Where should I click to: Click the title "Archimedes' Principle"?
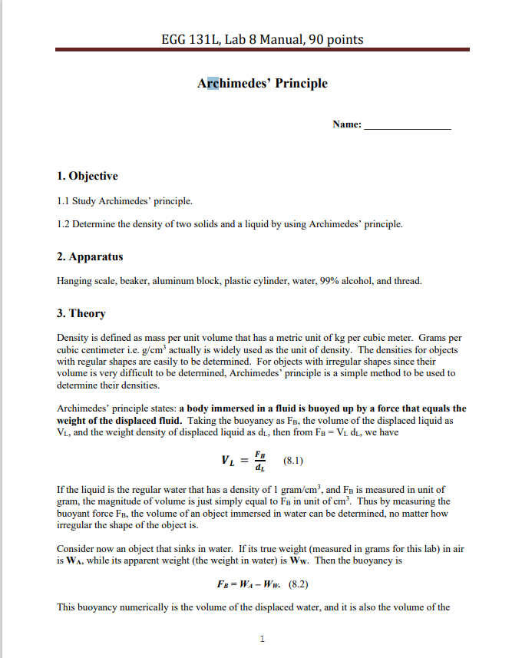pyautogui.click(x=262, y=83)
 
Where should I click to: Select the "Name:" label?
pyautogui.click(x=347, y=124)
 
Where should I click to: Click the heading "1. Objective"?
pyautogui.click(x=88, y=176)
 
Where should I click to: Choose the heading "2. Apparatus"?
pyautogui.click(x=90, y=256)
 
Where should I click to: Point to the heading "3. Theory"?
pyautogui.click(x=81, y=313)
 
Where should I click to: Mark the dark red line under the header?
pyautogui.click(x=262, y=50)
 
